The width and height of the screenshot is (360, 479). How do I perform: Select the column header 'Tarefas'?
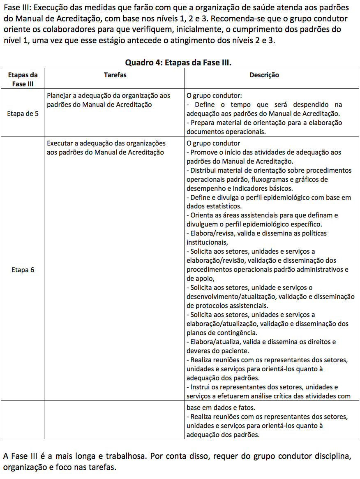(x=115, y=75)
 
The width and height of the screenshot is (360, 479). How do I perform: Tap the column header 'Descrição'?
(x=264, y=75)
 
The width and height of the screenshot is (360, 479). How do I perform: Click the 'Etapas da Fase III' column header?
(x=23, y=79)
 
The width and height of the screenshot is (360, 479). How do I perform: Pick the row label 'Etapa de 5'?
(x=23, y=113)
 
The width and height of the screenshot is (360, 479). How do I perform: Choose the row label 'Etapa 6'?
(x=23, y=270)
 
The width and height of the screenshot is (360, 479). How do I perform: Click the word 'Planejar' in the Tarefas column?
(x=59, y=95)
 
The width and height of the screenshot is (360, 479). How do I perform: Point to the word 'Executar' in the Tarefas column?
(x=60, y=143)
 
